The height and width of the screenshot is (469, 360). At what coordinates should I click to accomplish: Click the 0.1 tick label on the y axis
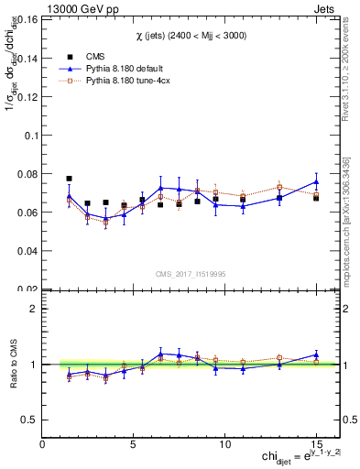tap(28, 135)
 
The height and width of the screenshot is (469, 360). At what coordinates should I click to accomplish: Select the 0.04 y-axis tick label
tap(26, 250)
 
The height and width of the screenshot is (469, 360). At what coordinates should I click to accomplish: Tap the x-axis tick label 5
tap(134, 444)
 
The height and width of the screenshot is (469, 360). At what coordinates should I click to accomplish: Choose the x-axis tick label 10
tap(224, 444)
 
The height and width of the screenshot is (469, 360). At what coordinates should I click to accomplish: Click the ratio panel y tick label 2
tap(33, 309)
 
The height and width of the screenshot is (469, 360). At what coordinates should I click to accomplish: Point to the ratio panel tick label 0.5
tap(28, 420)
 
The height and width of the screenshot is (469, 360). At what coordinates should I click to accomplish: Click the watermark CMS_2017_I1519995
tap(191, 272)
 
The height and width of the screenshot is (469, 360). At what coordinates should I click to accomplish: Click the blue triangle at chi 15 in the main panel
tap(316, 181)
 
